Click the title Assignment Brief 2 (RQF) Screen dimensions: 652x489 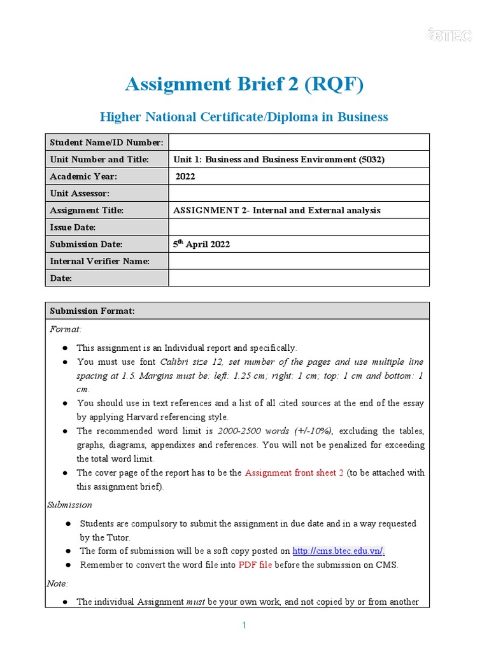244,84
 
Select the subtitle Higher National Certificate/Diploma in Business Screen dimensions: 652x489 244,117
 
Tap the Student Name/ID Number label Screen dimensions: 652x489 106,142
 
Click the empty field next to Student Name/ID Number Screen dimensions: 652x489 299,142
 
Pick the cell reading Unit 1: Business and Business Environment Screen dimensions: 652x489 279,159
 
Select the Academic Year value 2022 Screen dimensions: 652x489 185,176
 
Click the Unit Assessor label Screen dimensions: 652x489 80,193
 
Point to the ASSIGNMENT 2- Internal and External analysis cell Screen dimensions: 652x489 277,210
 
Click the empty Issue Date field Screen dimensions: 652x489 299,227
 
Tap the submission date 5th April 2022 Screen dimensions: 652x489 201,244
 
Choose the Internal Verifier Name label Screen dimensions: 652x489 99,261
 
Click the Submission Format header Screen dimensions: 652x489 92,311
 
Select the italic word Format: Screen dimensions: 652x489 66,329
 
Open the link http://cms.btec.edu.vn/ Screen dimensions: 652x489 338,551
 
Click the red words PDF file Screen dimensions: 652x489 255,565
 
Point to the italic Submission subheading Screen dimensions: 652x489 69,504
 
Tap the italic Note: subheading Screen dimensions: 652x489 58,583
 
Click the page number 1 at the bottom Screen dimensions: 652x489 244,626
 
